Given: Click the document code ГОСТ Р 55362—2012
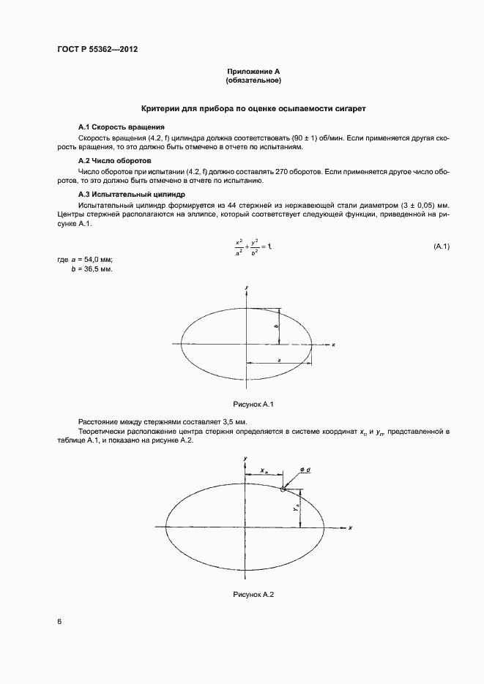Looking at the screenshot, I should pyautogui.click(x=97, y=50).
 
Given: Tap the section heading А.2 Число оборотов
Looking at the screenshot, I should pyautogui.click(x=113, y=160).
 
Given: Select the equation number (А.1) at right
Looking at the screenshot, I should pyautogui.click(x=440, y=247).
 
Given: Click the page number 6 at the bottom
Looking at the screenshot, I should pyautogui.click(x=59, y=622).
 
